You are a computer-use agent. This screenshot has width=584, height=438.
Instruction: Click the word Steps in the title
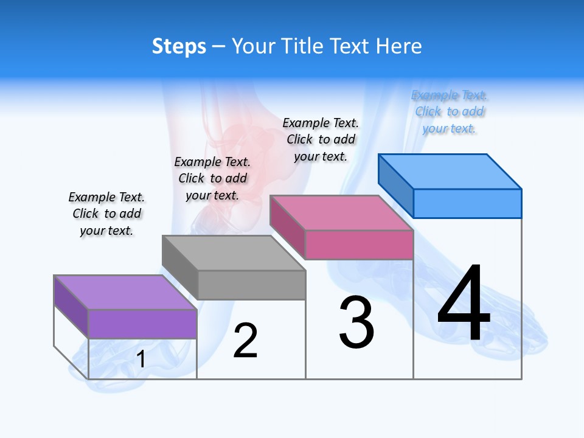(179, 46)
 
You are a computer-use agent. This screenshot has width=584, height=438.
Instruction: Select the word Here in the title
(398, 46)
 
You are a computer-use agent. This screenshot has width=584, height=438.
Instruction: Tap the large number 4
(464, 304)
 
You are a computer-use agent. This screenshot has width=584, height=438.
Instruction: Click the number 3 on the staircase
(356, 323)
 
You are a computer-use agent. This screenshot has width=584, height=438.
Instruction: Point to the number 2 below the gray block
(246, 341)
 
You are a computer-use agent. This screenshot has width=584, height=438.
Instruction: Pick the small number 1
(141, 360)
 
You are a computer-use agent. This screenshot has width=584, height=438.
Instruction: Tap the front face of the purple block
(142, 324)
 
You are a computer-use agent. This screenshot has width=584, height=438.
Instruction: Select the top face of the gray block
(234, 252)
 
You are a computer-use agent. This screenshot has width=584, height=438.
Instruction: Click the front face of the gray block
(251, 285)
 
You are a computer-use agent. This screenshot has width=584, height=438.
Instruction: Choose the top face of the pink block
(341, 213)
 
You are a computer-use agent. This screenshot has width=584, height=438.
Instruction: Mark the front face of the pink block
(359, 245)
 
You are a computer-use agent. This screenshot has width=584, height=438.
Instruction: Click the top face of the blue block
(450, 171)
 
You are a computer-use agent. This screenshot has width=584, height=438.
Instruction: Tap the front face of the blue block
(467, 203)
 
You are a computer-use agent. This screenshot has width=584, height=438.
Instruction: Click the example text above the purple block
(106, 214)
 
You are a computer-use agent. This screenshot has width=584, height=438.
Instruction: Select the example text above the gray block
(212, 178)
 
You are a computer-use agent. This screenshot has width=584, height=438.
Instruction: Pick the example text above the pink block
(321, 139)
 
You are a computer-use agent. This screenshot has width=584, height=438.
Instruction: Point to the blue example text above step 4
(450, 111)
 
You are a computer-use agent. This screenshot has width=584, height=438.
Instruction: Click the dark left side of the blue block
(396, 186)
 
